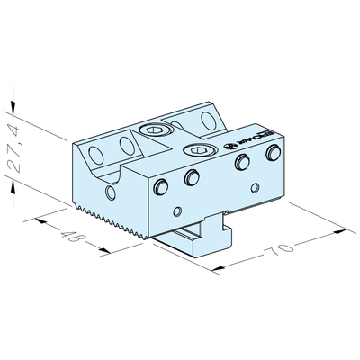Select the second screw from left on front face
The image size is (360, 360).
pos(191,178)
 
